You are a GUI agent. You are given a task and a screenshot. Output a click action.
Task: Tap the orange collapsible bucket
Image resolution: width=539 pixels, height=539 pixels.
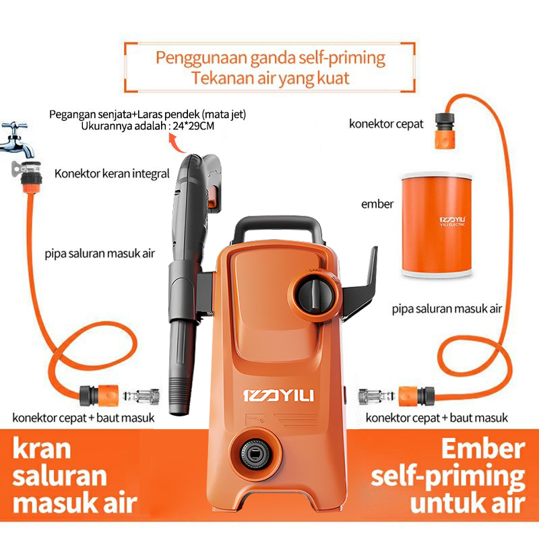click(x=437, y=225)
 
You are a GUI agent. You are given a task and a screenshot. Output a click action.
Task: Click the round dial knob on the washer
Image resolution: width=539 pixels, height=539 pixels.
click(x=315, y=295)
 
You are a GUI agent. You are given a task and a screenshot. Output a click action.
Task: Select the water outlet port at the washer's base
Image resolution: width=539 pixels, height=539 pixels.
click(x=255, y=454)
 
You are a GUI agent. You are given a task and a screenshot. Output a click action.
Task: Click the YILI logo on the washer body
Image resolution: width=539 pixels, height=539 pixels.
click(x=278, y=395)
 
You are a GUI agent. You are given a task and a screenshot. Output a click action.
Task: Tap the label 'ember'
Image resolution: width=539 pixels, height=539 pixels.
click(x=377, y=204)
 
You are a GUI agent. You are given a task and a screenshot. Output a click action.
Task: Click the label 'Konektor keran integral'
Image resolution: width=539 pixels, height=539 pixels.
click(x=112, y=174)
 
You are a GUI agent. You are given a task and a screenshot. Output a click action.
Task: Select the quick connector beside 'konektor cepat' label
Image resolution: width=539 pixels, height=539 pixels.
click(x=445, y=130)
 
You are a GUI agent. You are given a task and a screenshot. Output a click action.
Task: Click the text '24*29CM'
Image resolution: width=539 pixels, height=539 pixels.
click(x=193, y=126)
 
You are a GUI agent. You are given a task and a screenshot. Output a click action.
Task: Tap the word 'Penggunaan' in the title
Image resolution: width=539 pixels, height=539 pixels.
click(x=201, y=59)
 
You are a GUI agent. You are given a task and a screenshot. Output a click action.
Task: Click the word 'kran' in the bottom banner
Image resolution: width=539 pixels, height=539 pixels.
click(x=42, y=449)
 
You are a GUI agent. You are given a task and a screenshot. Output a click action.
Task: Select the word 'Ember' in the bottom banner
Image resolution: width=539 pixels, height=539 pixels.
click(x=483, y=449)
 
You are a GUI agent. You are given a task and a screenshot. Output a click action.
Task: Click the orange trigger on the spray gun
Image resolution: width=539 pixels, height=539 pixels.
click(x=212, y=197)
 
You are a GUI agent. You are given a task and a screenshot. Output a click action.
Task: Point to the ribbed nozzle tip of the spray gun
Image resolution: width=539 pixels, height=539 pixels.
click(x=179, y=395)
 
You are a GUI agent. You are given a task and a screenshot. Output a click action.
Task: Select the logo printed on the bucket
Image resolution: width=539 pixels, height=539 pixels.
click(x=452, y=222)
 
